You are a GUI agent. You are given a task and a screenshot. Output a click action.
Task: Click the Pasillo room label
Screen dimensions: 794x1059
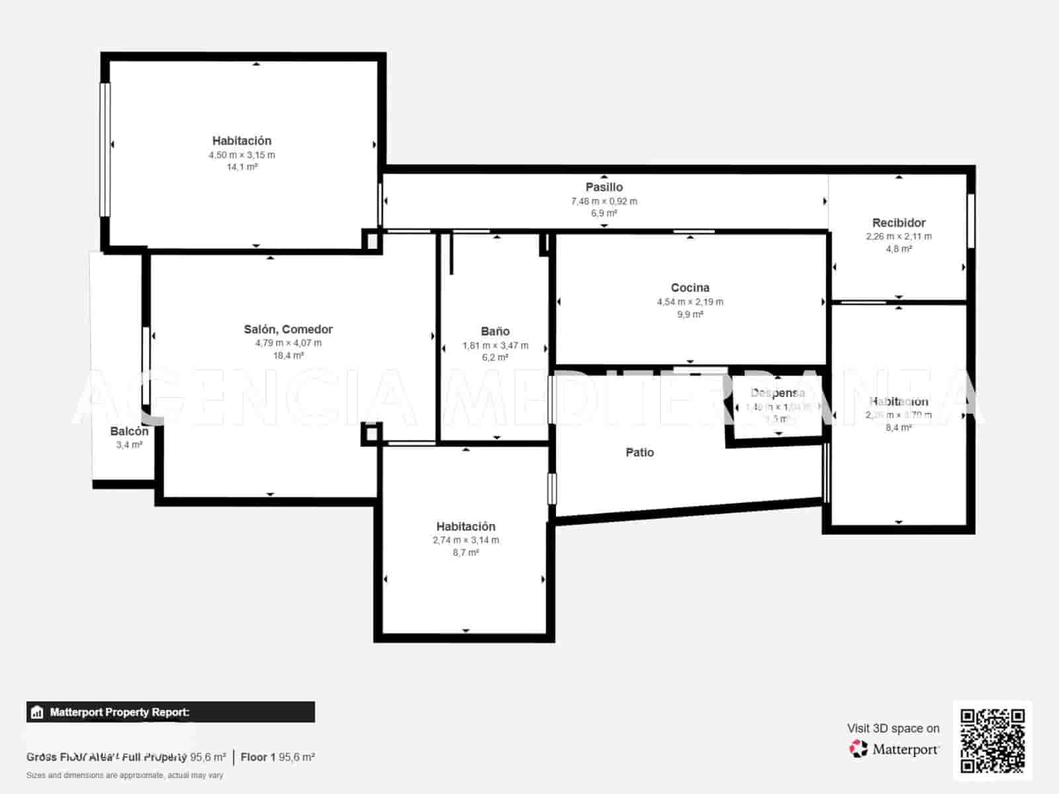pos(604,187)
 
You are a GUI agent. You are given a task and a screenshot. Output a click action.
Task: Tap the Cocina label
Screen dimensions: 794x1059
pos(690,288)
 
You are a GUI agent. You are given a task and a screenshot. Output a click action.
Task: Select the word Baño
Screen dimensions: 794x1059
pos(495,331)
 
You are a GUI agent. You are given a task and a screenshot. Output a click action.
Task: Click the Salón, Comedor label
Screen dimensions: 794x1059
pos(288,330)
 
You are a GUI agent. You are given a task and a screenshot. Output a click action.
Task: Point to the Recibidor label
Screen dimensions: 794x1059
pos(898,223)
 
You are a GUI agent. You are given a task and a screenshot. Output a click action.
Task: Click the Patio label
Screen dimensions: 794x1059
pos(639,453)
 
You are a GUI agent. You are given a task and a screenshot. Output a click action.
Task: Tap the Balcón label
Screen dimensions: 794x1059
pos(129,431)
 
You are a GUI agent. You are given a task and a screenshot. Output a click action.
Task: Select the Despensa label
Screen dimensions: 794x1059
pos(778,393)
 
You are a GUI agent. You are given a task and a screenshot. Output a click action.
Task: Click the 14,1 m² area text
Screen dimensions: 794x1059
pos(242,167)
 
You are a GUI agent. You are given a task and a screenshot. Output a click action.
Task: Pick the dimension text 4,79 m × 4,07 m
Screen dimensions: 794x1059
pos(288,343)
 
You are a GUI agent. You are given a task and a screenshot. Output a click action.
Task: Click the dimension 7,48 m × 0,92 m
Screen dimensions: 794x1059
pos(604,201)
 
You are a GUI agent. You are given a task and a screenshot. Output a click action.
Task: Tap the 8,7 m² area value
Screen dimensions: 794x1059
pos(465,552)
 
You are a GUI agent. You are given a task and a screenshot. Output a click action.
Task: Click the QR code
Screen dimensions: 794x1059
pos(992,740)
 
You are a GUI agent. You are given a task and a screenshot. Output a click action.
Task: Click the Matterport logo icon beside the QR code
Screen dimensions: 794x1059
pos(858,749)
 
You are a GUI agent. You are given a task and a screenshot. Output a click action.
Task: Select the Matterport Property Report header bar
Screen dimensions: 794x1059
pos(170,712)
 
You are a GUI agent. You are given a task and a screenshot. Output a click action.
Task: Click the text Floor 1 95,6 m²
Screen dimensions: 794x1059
pos(277,757)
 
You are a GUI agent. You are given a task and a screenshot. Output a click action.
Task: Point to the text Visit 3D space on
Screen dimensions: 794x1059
pos(893,728)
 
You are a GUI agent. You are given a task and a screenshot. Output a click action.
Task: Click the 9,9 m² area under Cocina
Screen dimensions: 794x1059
pos(690,314)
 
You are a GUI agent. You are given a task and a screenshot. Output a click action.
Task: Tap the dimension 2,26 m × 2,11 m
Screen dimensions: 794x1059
pos(898,236)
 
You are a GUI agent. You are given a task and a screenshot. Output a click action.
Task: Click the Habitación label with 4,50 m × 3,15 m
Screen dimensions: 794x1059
pos(242,141)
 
